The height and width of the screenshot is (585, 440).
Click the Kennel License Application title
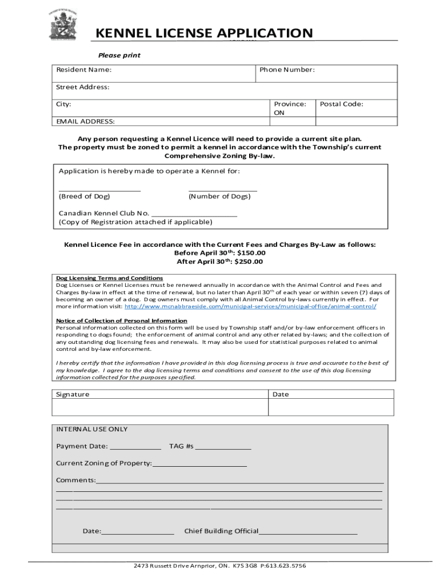pos(204,33)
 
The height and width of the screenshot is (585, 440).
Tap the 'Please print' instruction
pos(119,55)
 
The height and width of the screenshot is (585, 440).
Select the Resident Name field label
pos(83,70)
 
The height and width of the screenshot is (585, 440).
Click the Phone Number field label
pos(287,70)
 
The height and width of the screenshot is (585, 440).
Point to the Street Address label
pos(82,87)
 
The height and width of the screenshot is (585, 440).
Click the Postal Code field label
pos(341,104)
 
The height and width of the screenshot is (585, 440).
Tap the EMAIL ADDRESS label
pos(85,121)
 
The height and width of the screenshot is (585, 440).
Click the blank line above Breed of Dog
pos(99,190)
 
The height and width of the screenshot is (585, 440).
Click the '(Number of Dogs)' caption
pos(219,197)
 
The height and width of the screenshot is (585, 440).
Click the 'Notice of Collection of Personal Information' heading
pos(121,320)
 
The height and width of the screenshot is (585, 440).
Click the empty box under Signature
pos(160,407)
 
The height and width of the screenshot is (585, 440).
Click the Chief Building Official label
pos(221,531)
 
